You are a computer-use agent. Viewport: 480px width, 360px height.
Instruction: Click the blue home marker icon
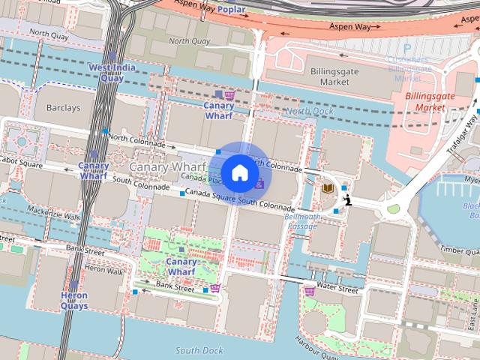click(239, 172)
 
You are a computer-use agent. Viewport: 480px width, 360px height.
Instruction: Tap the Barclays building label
click(63, 108)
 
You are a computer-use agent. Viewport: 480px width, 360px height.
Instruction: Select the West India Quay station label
click(106, 73)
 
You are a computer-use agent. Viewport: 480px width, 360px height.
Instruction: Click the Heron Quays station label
click(74, 301)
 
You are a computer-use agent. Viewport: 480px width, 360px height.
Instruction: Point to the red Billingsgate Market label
click(425, 102)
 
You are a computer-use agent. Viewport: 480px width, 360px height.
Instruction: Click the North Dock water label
click(309, 111)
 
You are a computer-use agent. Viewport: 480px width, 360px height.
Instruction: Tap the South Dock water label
click(199, 350)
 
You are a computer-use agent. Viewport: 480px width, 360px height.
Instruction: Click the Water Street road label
click(337, 288)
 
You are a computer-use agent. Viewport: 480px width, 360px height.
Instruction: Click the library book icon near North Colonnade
click(328, 188)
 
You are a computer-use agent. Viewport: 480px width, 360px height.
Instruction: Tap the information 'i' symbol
click(348, 199)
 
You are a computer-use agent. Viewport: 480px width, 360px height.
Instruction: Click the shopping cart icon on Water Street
click(309, 290)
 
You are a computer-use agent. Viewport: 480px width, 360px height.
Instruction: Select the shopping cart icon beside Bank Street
click(215, 288)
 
